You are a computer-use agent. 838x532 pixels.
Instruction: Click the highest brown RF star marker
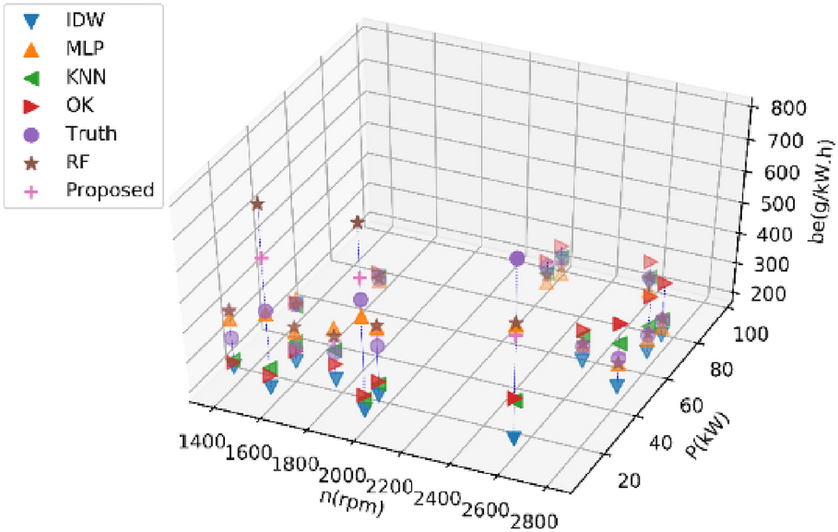257,204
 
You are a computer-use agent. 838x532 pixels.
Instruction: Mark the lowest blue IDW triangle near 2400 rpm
514,438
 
